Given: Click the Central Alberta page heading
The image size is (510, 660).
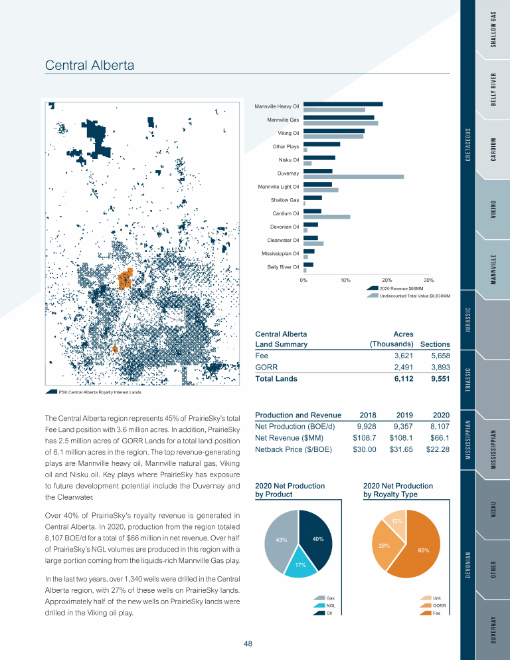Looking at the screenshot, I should [89, 65].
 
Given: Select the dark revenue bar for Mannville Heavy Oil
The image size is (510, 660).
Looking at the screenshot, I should [343, 104].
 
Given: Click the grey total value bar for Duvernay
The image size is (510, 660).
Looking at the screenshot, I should [353, 176].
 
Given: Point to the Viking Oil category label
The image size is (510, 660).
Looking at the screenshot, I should [288, 133].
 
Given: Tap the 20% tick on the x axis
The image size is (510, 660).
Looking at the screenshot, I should [387, 280].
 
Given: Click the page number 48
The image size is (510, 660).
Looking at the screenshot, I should [248, 643].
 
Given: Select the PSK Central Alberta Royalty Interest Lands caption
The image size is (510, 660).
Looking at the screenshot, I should [100, 392].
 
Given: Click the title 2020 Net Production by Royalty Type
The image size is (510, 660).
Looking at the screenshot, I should [398, 490].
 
